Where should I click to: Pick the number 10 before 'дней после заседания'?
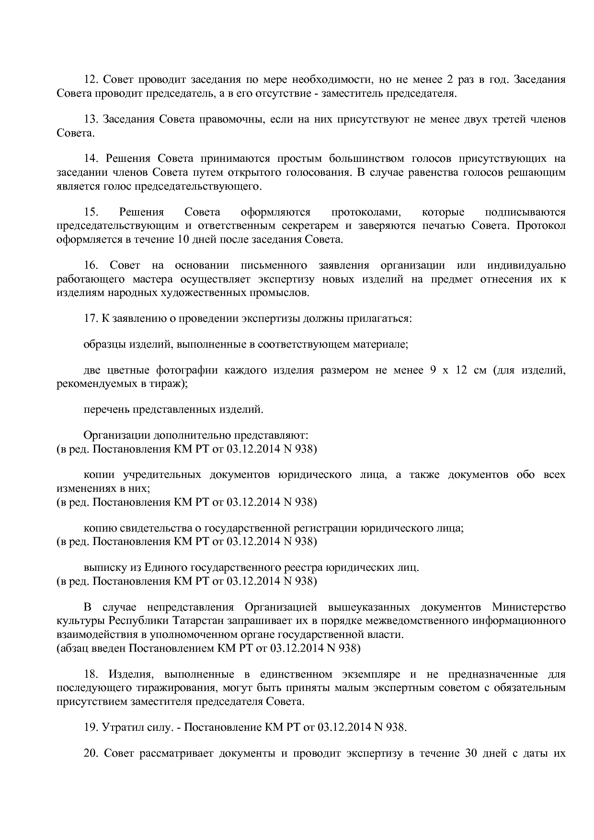(183, 239)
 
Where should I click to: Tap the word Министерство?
(528, 607)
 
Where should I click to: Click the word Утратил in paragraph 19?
(119, 727)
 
